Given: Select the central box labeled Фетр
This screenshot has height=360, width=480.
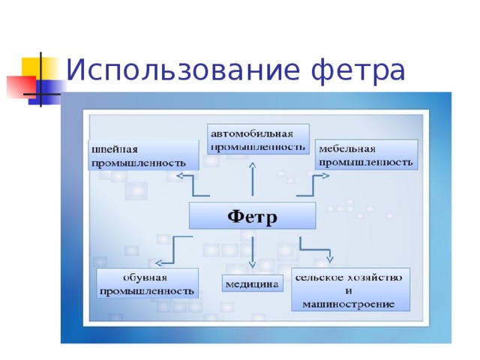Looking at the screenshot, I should [x=252, y=216].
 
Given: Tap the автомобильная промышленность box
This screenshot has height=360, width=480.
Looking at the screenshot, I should [x=259, y=139].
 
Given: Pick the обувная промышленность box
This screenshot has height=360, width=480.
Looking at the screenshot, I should [x=147, y=283].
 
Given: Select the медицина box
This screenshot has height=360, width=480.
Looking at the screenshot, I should [x=252, y=284].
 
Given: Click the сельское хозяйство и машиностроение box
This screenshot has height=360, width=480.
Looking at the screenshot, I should [x=351, y=289].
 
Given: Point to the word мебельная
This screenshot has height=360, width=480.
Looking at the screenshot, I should [x=346, y=148].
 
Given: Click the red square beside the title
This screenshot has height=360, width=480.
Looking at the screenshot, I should [x=18, y=86].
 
